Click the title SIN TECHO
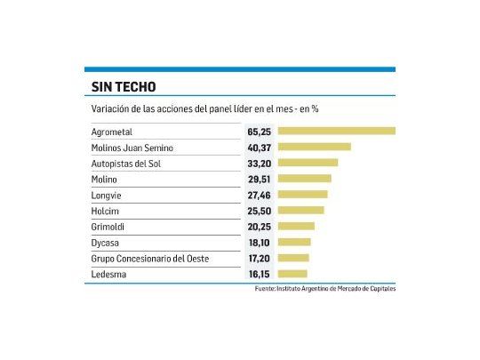coord(124,87)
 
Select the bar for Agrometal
coord(336,131)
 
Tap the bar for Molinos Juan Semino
coord(314,147)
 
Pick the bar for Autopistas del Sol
coord(308,163)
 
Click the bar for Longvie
coord(302,195)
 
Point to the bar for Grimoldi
coord(296,227)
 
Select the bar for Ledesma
coord(292,274)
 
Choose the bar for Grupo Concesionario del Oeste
coord(293,258)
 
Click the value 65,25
coord(259,131)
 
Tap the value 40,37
coord(259,147)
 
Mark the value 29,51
coord(259,179)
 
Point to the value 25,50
coord(259,211)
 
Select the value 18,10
coord(259,242)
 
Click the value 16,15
coord(259,274)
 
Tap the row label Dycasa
coord(106,242)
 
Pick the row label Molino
coord(105,179)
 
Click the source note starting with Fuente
coord(324,289)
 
